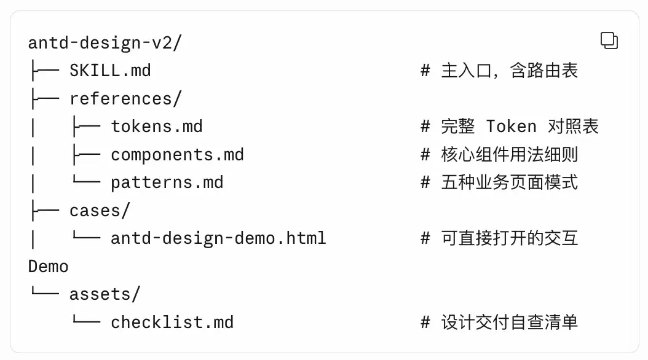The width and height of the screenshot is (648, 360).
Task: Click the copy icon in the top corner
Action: (609, 41)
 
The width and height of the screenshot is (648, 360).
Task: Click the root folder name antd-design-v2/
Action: (105, 43)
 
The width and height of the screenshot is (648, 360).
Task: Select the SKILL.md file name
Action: (110, 71)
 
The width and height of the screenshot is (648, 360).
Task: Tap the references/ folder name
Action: (125, 99)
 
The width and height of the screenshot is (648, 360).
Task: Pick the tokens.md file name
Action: (157, 127)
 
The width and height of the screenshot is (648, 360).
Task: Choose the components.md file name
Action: (177, 155)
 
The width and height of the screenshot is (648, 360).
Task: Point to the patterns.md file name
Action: (167, 182)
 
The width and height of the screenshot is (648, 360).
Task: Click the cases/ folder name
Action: (100, 211)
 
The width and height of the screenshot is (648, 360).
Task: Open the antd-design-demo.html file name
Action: (219, 238)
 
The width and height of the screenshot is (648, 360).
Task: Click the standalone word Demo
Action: (49, 266)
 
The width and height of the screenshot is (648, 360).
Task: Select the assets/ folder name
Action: (105, 294)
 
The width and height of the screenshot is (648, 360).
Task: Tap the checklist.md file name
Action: (172, 322)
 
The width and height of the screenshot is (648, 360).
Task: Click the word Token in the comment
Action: (512, 127)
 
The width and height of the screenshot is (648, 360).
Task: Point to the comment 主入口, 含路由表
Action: (509, 71)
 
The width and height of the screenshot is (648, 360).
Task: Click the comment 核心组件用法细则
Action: (509, 155)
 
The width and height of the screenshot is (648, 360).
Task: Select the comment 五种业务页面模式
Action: (509, 182)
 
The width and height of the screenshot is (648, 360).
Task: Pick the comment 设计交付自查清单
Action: (509, 322)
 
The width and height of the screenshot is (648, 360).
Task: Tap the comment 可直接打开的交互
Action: (509, 238)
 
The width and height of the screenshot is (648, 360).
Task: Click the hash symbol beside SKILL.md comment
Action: (425, 71)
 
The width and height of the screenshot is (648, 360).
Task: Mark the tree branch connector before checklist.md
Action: (86, 319)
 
